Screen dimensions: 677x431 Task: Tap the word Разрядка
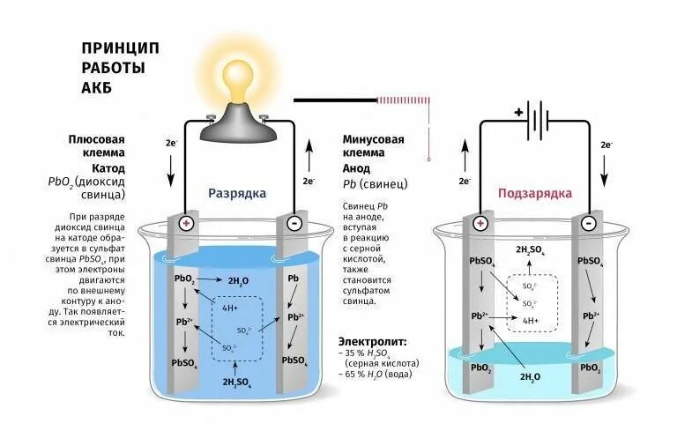tap(236, 193)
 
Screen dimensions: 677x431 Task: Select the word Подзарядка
tap(535, 193)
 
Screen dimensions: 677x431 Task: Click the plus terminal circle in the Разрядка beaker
tap(186, 224)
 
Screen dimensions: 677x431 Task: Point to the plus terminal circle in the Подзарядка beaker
tap(480, 224)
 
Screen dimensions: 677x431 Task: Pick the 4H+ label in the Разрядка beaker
tap(231, 308)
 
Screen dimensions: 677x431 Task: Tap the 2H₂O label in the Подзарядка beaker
tap(531, 376)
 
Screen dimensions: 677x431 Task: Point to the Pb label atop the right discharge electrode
tap(294, 278)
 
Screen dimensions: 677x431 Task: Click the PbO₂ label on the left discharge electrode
tap(185, 279)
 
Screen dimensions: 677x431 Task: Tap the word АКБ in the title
tap(96, 88)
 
